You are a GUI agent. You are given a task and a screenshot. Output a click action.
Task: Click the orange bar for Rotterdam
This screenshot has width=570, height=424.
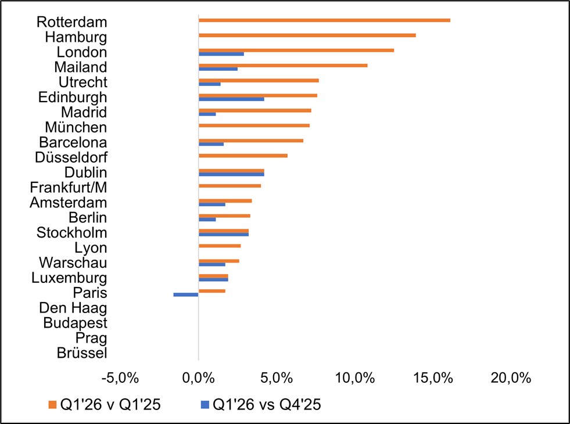[325, 20]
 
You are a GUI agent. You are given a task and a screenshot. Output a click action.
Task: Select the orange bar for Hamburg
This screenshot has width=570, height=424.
[307, 35]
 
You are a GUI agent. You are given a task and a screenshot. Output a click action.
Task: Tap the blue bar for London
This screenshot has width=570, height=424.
[221, 54]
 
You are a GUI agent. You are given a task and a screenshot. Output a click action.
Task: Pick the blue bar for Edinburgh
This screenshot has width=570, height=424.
[232, 99]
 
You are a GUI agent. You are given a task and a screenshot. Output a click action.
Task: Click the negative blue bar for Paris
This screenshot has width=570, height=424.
[186, 294]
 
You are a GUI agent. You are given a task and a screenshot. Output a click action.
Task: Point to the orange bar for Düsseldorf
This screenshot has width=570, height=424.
[243, 156]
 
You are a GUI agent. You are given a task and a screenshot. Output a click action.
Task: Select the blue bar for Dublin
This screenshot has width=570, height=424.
[232, 174]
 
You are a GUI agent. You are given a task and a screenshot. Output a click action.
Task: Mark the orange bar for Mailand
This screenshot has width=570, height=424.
[283, 66]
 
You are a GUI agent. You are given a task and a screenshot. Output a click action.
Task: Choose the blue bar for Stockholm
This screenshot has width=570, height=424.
[224, 234]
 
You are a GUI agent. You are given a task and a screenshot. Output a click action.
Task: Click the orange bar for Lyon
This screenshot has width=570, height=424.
[220, 246]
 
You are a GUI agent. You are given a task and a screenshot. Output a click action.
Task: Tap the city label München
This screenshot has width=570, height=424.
[76, 128]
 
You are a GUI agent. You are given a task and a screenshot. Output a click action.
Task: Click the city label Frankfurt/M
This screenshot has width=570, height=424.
[69, 188]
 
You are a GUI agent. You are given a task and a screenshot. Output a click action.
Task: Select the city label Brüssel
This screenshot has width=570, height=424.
[82, 353]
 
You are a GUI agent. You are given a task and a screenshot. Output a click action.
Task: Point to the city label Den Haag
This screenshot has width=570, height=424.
[73, 308]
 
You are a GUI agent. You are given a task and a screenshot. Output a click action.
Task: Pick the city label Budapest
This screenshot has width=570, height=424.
[76, 323]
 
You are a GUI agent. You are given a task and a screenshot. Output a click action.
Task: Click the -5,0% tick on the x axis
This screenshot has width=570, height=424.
[120, 378]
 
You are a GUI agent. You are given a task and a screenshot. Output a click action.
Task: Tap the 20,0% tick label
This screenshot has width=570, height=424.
[511, 378]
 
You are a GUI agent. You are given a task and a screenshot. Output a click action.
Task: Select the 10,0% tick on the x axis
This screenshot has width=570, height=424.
[354, 378]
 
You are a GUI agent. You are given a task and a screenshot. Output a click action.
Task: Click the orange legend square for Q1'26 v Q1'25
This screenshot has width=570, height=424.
[53, 405]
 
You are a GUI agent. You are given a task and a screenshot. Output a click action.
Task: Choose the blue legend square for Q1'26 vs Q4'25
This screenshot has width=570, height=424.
[205, 405]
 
